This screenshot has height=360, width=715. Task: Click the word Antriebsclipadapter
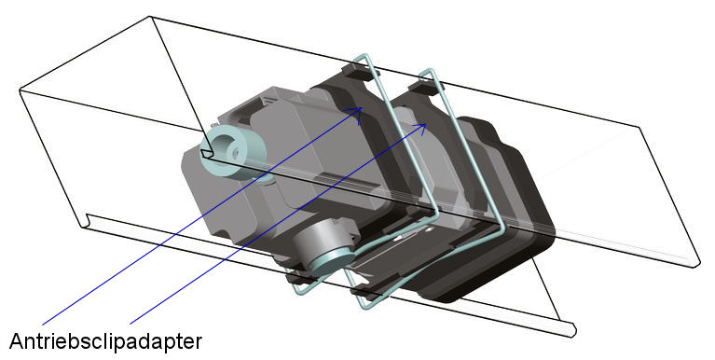[105, 341]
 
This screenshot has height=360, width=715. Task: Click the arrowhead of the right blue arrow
[422, 128]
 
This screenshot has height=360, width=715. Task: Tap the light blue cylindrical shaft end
[224, 148]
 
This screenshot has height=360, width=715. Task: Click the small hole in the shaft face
[235, 149]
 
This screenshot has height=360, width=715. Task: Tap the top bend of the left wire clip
[364, 57]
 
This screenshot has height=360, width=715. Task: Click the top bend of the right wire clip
[429, 71]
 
